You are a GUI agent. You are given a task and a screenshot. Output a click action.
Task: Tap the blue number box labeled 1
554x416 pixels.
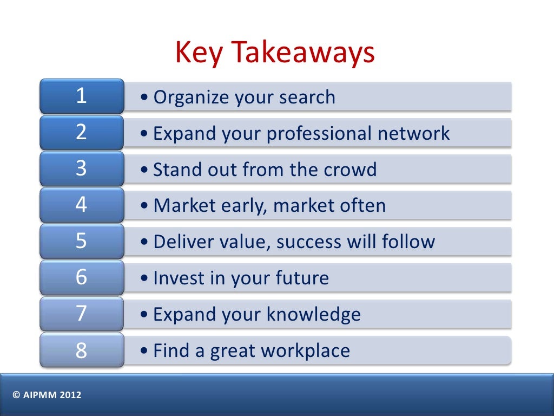[x=82, y=96]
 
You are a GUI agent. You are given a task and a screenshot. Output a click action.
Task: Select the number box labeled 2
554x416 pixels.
[x=82, y=133]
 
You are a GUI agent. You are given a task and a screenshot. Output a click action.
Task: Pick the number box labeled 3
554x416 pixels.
[x=82, y=169]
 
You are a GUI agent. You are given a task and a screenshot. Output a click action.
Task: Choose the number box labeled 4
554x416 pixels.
[x=82, y=205]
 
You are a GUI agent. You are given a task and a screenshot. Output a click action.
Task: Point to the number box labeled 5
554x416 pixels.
[x=82, y=242]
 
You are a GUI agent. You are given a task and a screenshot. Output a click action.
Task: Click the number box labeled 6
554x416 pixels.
[x=82, y=278]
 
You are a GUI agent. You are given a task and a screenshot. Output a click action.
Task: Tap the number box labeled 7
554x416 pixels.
[x=82, y=314]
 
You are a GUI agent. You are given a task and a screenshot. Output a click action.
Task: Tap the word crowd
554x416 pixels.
[x=350, y=170]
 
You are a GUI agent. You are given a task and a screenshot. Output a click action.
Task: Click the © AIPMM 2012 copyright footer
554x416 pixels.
[x=47, y=395]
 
